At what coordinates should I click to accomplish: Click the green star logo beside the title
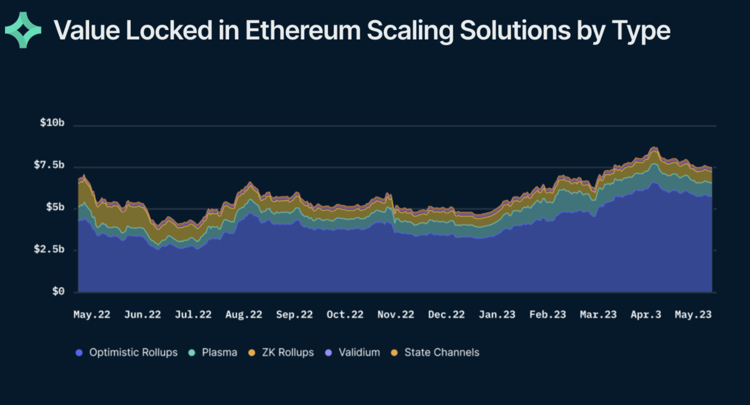(x=23, y=30)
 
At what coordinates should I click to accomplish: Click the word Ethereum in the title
(x=303, y=30)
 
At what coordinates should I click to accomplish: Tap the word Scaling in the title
(x=409, y=30)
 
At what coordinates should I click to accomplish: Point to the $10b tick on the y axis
(x=52, y=122)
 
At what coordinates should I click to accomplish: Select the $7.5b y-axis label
(x=49, y=165)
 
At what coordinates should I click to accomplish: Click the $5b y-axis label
(x=55, y=207)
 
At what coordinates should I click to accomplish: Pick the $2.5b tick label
(x=49, y=249)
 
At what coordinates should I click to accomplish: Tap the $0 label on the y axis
(x=58, y=291)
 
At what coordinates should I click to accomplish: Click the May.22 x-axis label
(x=92, y=315)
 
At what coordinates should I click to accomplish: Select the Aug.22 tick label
(x=244, y=315)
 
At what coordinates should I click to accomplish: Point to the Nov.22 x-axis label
(x=396, y=315)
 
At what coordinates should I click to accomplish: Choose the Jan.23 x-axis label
(x=497, y=315)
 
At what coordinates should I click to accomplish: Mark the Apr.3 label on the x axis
(x=646, y=315)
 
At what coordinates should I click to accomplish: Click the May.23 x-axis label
(x=693, y=315)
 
